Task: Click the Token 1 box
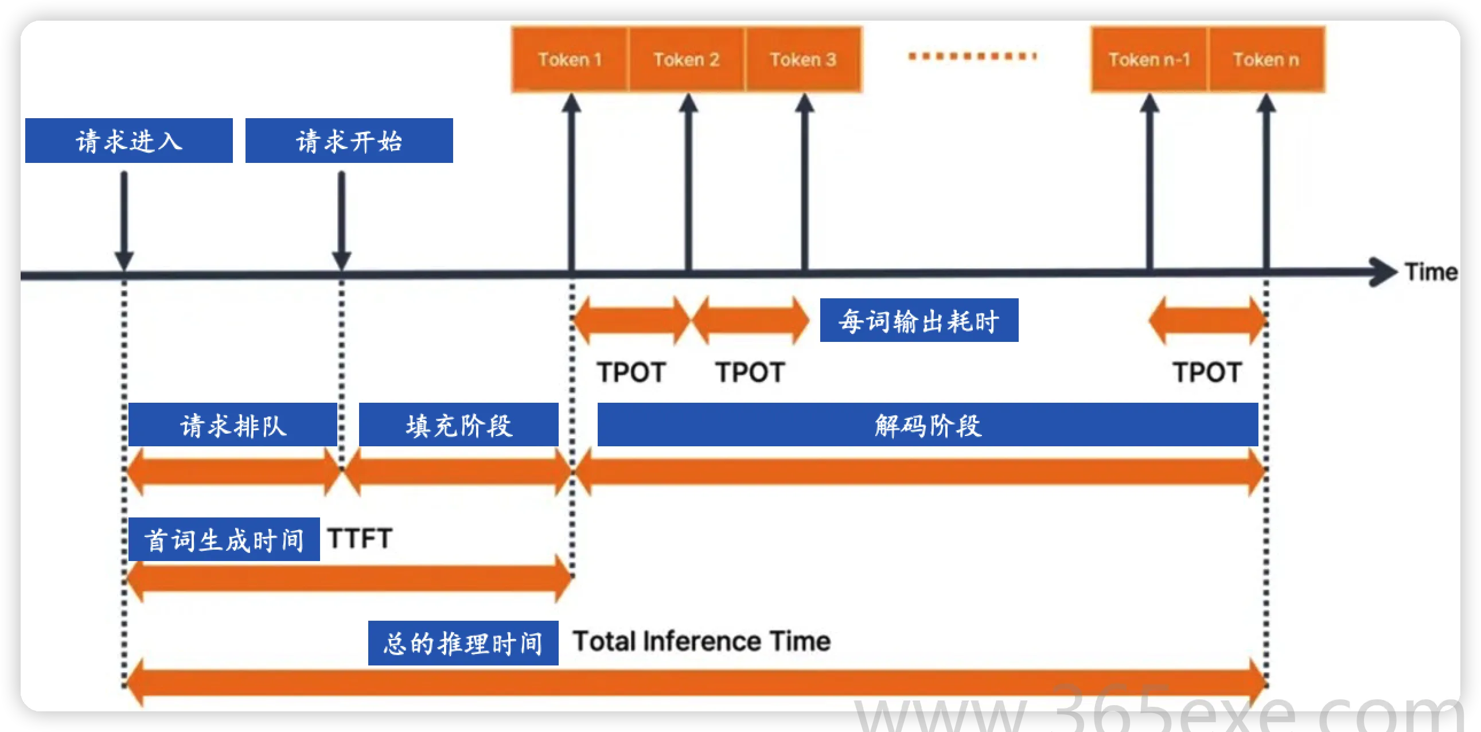(x=570, y=59)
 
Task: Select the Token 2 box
(x=687, y=59)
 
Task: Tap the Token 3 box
(x=803, y=59)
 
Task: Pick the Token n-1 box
(x=1149, y=59)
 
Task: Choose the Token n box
(x=1266, y=59)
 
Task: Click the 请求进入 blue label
(x=129, y=141)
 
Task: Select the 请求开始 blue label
(x=349, y=141)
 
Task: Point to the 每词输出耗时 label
(x=919, y=320)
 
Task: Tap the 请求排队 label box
(x=233, y=425)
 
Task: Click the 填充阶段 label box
(x=459, y=425)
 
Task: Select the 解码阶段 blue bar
(x=927, y=425)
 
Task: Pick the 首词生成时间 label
(x=224, y=539)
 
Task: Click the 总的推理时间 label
(x=463, y=643)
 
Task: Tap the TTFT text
(x=360, y=539)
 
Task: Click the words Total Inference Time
(x=701, y=641)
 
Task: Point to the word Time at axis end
(x=1431, y=272)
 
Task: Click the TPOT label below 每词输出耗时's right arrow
(x=1207, y=372)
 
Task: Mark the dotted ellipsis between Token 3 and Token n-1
(x=972, y=56)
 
